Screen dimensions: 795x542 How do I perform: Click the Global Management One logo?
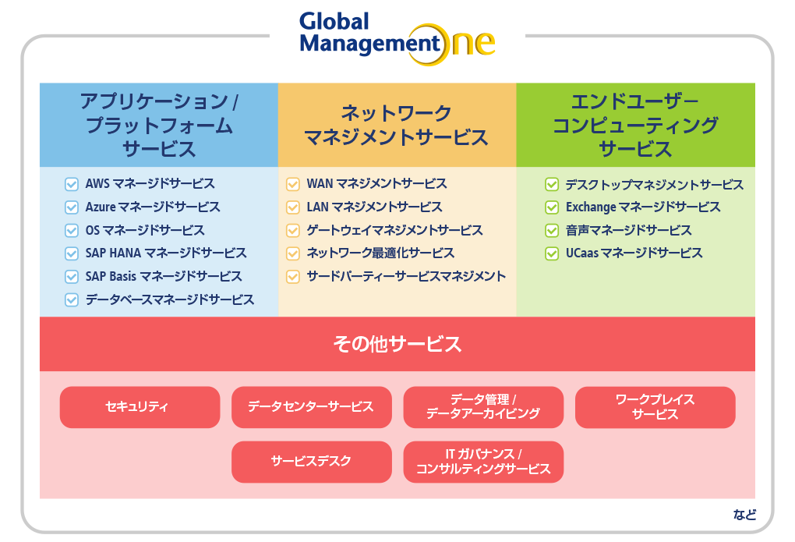(397, 38)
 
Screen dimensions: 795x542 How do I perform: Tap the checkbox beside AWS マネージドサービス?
(72, 184)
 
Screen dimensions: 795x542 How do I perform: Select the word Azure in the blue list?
(101, 207)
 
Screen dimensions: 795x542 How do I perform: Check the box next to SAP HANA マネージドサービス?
(72, 253)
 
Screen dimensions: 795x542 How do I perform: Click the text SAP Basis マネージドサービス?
(163, 277)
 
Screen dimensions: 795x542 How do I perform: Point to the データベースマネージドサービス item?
(170, 300)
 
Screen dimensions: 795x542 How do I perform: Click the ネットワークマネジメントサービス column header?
(397, 125)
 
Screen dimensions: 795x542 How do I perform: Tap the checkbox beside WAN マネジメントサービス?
(293, 184)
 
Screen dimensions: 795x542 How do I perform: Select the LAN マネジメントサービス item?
(374, 207)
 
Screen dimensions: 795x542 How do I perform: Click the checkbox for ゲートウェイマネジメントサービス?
(293, 230)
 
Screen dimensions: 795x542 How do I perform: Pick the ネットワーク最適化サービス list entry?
(380, 253)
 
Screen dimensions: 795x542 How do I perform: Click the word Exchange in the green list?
(591, 207)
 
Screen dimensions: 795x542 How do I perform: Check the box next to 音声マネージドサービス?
(552, 230)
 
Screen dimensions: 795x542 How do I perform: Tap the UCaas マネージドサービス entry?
(634, 253)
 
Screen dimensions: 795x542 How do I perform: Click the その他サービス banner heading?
(397, 344)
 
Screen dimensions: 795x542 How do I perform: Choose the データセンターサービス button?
(311, 407)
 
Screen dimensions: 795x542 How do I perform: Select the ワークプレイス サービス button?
(655, 407)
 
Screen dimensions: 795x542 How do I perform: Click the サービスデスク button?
(311, 462)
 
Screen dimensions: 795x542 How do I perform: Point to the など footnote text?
(744, 515)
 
